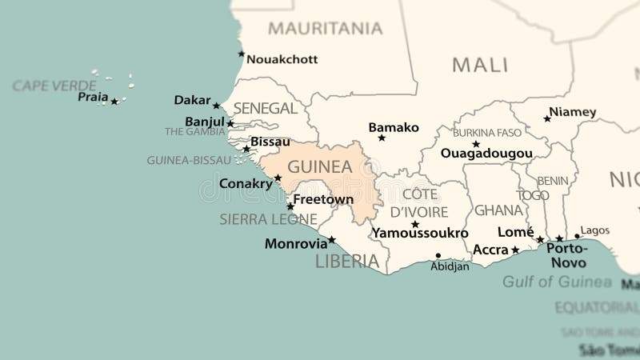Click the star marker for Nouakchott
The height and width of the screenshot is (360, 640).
(x=242, y=54)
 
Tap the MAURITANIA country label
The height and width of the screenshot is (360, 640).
(x=325, y=29)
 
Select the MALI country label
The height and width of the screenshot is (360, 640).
(x=480, y=65)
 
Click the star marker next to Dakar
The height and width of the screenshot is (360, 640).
(x=216, y=106)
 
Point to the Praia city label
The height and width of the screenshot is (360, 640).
(x=93, y=97)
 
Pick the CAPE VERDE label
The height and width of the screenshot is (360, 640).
(x=54, y=85)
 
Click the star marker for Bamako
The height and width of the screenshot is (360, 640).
(x=382, y=138)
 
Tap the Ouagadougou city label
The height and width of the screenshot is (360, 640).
(x=486, y=153)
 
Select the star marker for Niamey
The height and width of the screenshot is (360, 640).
(x=547, y=118)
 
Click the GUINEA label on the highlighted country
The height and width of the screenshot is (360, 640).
(x=319, y=167)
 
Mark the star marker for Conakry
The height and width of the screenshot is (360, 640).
(x=278, y=178)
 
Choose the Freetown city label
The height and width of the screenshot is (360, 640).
(x=323, y=199)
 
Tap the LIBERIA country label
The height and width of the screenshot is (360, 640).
(x=346, y=261)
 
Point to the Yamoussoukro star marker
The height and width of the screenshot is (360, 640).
(x=415, y=224)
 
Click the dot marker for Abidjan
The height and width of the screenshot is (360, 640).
(x=438, y=256)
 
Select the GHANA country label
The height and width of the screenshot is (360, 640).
(x=498, y=210)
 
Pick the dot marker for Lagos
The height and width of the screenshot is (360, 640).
(x=577, y=237)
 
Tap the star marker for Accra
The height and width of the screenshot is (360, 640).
(x=515, y=250)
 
